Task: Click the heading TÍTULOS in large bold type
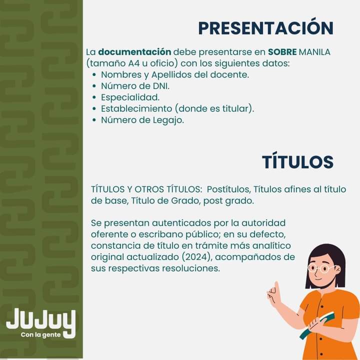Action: click(297, 162)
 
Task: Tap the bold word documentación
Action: click(134, 52)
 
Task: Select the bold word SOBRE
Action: click(282, 52)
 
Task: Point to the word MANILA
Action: click(314, 52)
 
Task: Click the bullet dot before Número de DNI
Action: click(94, 86)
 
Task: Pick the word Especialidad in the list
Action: click(130, 97)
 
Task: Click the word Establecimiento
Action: click(136, 108)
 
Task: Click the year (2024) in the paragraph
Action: click(196, 257)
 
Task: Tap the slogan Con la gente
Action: click(40, 334)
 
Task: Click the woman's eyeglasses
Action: click(322, 268)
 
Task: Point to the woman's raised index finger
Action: click(276, 287)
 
